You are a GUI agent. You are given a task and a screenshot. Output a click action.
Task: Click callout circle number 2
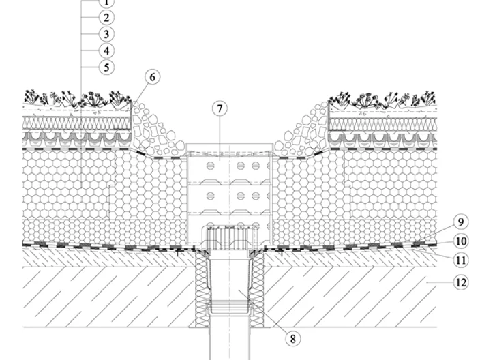point(106,18)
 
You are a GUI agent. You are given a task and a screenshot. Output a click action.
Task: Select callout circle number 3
point(106,34)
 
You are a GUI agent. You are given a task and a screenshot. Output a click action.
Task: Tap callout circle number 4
point(106,50)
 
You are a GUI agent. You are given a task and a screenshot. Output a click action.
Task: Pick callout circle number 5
point(106,67)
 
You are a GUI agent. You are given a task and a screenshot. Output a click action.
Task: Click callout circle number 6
point(153,77)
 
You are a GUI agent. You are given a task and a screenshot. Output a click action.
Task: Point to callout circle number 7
point(220,108)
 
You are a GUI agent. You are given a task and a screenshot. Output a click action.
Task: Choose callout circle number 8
point(293,339)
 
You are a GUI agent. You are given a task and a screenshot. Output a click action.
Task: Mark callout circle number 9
point(461,222)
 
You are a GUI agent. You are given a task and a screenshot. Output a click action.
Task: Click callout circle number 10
point(461,241)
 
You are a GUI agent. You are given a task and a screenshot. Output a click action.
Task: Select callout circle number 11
point(461,260)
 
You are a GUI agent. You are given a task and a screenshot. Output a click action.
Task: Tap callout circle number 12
point(461,282)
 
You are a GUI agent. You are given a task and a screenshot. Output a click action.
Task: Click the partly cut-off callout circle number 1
point(106,3)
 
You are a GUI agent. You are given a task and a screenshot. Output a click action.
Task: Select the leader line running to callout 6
point(139,92)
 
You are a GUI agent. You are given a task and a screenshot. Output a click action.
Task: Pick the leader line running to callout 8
point(263,312)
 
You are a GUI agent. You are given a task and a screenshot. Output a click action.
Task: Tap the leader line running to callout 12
point(440,282)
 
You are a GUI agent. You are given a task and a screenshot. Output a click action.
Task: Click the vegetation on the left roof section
point(78,99)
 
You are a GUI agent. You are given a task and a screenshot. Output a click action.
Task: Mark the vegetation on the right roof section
point(382,99)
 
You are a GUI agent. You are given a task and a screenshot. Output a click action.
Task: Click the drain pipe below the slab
point(230,343)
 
